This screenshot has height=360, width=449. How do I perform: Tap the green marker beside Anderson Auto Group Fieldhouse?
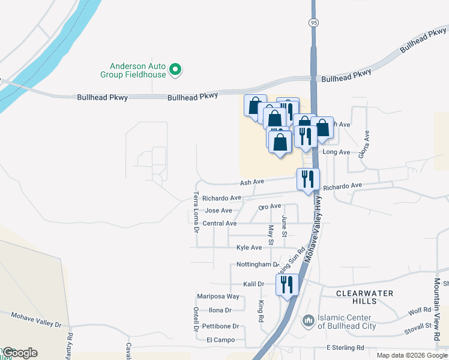pyautogui.click(x=176, y=70)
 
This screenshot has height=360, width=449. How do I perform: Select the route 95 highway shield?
pyautogui.click(x=314, y=22)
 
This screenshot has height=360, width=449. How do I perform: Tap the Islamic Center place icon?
pyautogui.click(x=309, y=321)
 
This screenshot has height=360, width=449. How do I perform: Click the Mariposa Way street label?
pyautogui.click(x=218, y=296)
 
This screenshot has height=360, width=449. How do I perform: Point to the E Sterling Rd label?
pyautogui.click(x=345, y=347)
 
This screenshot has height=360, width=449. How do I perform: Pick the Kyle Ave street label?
pyautogui.click(x=249, y=247)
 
